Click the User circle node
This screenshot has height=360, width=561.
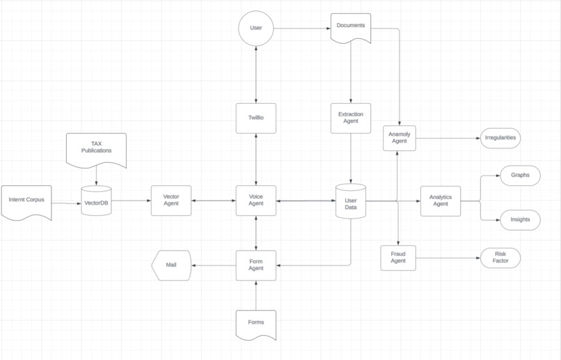(x=256, y=29)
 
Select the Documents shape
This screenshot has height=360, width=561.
(x=350, y=27)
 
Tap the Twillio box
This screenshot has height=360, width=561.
(x=256, y=118)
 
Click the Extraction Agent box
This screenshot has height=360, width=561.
(x=350, y=118)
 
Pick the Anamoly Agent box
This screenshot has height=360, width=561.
(x=399, y=138)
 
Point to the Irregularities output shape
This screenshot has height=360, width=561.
(x=500, y=138)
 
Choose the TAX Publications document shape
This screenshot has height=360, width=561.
(x=96, y=148)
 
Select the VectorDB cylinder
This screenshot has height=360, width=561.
(x=96, y=201)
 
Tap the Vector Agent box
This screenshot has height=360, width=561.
(x=171, y=201)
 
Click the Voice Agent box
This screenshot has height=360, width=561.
(x=256, y=201)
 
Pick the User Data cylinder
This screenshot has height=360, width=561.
(x=350, y=201)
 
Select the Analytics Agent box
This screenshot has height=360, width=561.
(x=440, y=201)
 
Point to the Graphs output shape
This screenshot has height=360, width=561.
(x=520, y=175)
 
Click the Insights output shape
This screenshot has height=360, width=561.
(x=520, y=219)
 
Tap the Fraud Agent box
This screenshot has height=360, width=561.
(x=398, y=258)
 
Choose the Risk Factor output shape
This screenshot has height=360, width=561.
(x=500, y=258)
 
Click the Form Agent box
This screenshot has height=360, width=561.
(x=256, y=265)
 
